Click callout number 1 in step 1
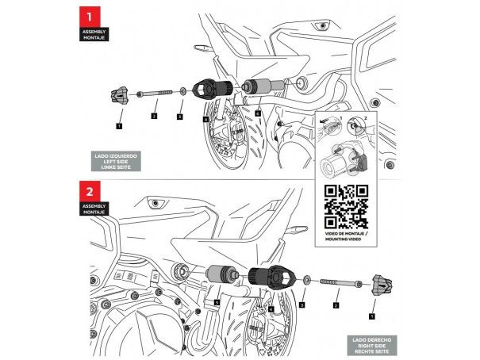pyautogui.click(x=118, y=125)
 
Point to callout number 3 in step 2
pyautogui.click(x=301, y=304)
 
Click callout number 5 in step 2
pyautogui.click(x=217, y=302)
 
